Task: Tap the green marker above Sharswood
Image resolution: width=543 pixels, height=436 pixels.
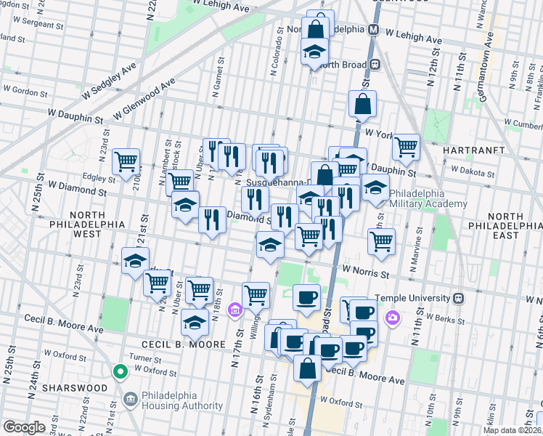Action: [x=121, y=373]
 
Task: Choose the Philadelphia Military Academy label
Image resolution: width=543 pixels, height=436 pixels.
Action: [x=428, y=198]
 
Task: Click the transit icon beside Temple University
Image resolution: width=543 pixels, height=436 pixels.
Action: [x=458, y=298]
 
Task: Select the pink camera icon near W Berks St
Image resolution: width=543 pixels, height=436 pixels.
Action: [x=393, y=317]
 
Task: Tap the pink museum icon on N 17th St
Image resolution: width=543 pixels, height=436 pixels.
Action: [x=234, y=311]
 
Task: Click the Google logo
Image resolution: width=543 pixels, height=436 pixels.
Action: [x=25, y=427]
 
